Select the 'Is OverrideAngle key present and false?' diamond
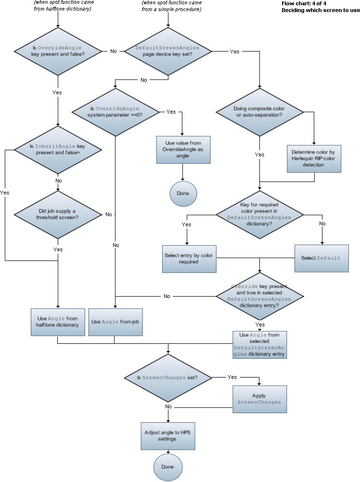pyautogui.click(x=58, y=52)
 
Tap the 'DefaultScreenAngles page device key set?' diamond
pyautogui.click(x=167, y=52)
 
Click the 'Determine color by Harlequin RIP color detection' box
pyautogui.click(x=314, y=158)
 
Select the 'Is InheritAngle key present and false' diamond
pyautogui.click(x=58, y=149)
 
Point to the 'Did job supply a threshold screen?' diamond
pyautogui.click(x=58, y=213)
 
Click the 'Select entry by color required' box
pyautogui.click(x=189, y=259)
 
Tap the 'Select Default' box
pyautogui.click(x=321, y=258)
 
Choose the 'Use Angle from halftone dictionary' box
pyautogui.click(x=58, y=322)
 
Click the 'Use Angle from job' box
pyautogui.click(x=114, y=322)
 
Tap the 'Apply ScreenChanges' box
pyautogui.click(x=259, y=399)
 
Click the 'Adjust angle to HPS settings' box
pyautogui.click(x=167, y=435)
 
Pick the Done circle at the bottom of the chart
pyautogui.click(x=167, y=467)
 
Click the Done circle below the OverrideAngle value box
pyautogui.click(x=183, y=193)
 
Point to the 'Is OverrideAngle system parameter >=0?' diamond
pyautogui.click(x=115, y=112)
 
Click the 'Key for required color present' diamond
pyautogui.click(x=260, y=214)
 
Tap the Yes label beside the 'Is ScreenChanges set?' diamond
pyautogui.click(x=232, y=377)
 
